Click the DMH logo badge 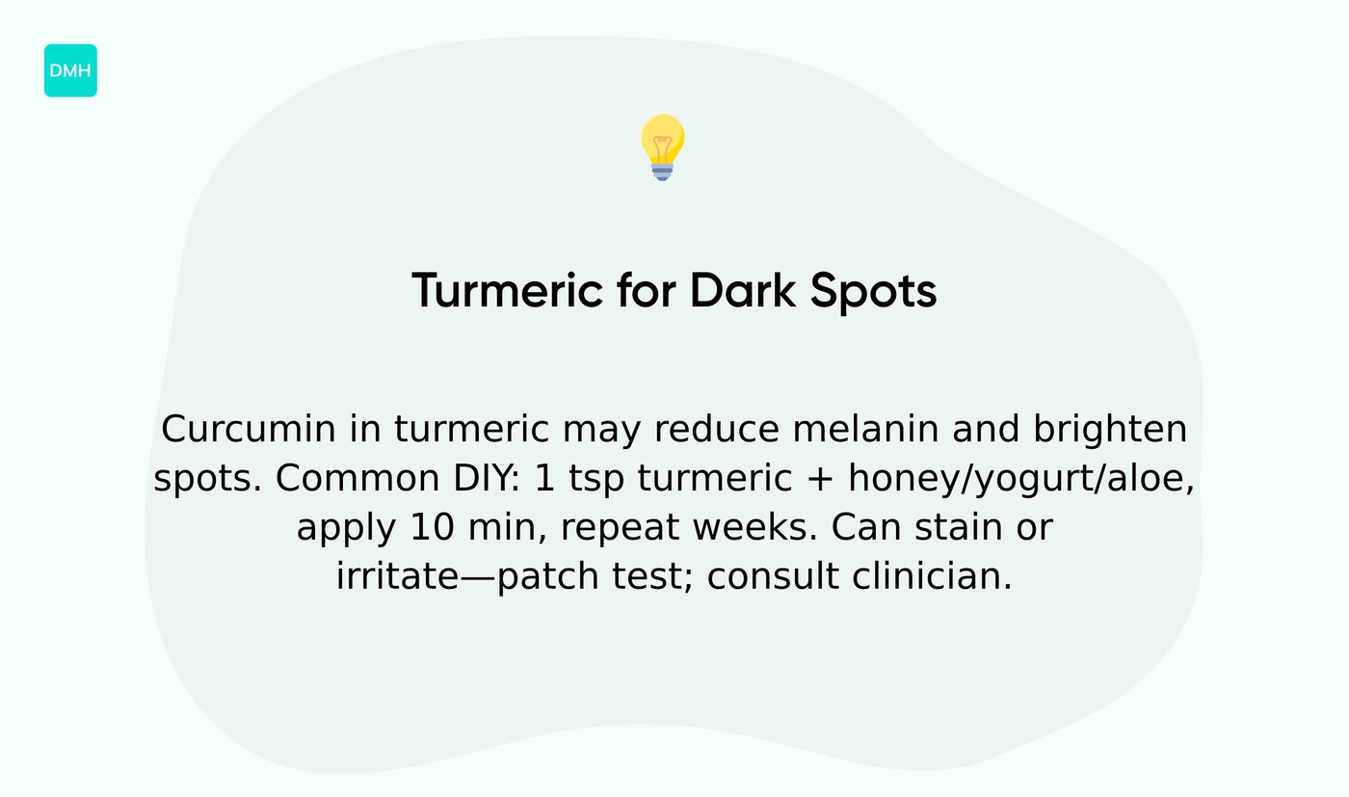tap(70, 70)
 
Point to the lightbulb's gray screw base tap(662, 172)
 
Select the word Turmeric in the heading tap(507, 291)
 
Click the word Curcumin tap(249, 430)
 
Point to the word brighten tap(1110, 430)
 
